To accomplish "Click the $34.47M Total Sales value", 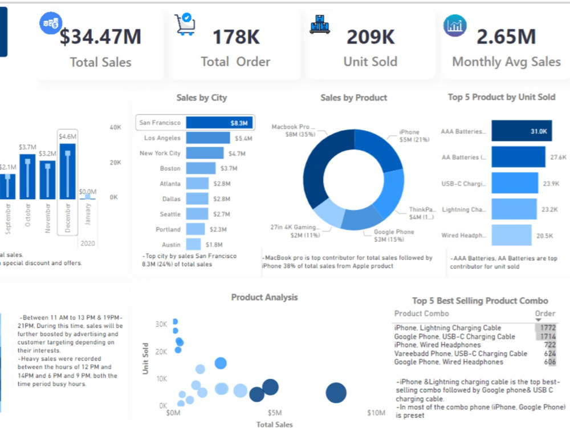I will tap(101, 37).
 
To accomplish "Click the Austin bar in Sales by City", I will tap(196, 244).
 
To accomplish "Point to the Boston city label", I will tap(170, 168).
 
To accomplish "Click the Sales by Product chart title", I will tap(353, 98).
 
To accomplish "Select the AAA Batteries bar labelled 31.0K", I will tap(522, 131).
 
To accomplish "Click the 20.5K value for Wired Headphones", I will tap(544, 235).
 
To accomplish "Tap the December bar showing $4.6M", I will tap(68, 171).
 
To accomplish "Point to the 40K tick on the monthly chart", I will tap(115, 127).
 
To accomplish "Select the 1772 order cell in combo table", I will tap(545, 328).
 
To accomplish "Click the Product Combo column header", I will tap(421, 313).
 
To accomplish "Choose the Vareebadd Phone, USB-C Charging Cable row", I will tap(461, 354).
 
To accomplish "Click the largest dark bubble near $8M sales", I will tap(336, 393).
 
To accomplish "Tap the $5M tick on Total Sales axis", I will tap(275, 413).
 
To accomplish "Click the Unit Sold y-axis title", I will tap(145, 358).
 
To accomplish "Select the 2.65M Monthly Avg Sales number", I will tap(506, 37).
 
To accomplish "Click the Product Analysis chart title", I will tap(264, 297).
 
